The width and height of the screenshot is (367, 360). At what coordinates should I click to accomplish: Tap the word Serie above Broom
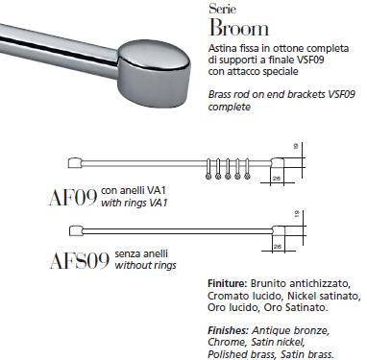(220, 8)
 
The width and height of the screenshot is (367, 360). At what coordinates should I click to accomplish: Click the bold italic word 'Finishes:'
(230, 330)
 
